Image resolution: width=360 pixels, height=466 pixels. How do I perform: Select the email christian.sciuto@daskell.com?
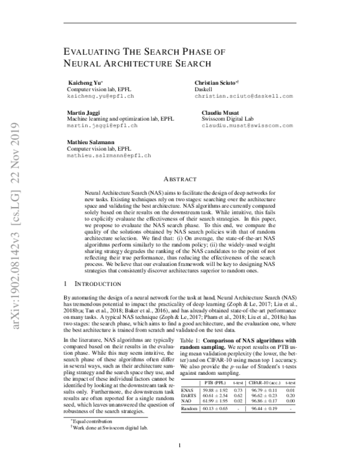[244, 96]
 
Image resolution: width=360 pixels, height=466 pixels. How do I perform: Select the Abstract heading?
[180, 179]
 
